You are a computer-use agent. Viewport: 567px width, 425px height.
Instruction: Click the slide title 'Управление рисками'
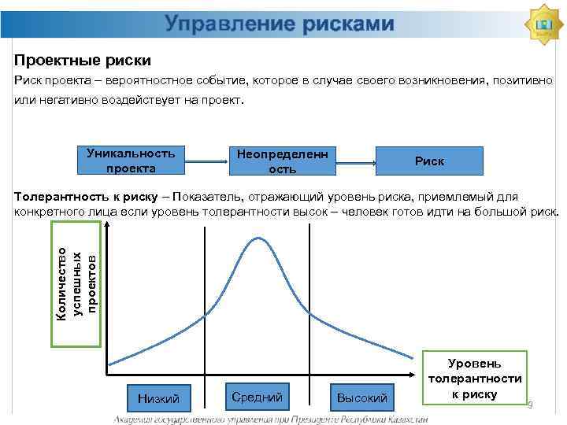tap(280, 25)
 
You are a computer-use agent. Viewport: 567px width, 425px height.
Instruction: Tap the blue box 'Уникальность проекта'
tap(131, 160)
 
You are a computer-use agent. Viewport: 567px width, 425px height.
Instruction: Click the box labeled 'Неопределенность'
tap(283, 160)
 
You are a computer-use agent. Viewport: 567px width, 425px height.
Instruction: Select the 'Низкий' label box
tap(159, 398)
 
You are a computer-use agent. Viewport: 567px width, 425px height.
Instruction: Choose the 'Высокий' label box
tap(361, 398)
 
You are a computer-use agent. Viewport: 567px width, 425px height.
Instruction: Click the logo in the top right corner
tap(543, 25)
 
